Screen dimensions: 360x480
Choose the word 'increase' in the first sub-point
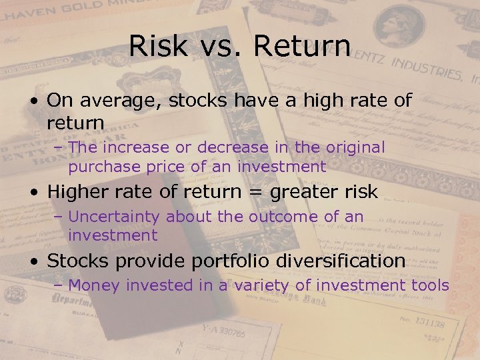pyautogui.click(x=133, y=147)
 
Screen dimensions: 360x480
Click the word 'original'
pyautogui.click(x=349, y=147)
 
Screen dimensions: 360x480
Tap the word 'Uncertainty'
pyautogui.click(x=115, y=217)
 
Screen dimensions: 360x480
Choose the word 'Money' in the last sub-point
pyautogui.click(x=95, y=285)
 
